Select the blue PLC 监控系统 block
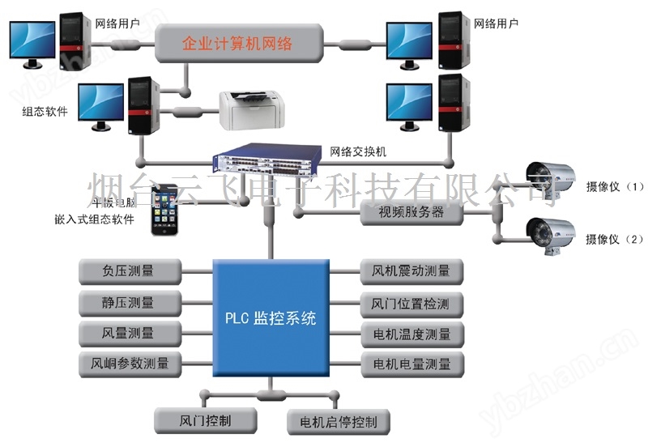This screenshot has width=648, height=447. coord(271,317)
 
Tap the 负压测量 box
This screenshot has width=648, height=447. coord(129,270)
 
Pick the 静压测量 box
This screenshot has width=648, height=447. coord(129,302)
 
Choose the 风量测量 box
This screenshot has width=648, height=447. coord(129,332)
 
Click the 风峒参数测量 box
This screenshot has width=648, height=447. coord(129,363)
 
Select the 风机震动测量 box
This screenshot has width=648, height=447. coord(411,270)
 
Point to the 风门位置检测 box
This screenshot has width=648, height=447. coord(411,303)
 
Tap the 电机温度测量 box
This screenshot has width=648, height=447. coord(411,333)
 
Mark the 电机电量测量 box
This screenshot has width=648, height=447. coord(411,364)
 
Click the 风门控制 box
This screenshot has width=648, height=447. coord(205,420)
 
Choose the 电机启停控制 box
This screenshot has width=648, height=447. coord(338,422)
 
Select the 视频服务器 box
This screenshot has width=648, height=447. coord(412,214)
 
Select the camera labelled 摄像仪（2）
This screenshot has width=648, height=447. coord(550,234)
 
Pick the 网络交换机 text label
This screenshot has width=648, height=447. coord(359,151)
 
